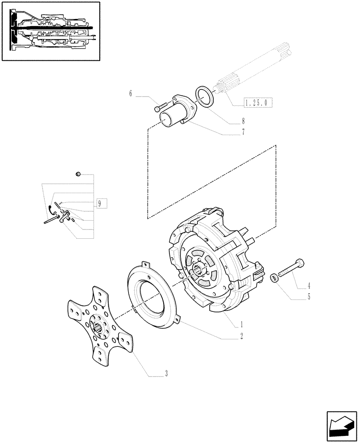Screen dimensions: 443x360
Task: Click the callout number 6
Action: [131, 94]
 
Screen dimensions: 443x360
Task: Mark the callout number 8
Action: [243, 120]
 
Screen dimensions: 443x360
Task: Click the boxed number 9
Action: [100, 203]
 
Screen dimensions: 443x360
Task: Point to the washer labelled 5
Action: [275, 278]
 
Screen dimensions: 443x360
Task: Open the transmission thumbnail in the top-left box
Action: [51, 31]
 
